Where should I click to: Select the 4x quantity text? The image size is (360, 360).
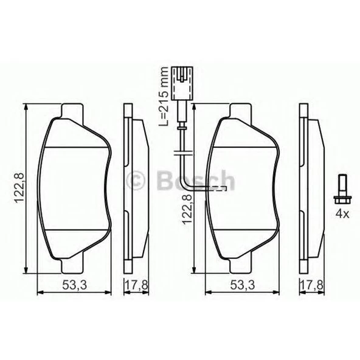pyautogui.click(x=341, y=213)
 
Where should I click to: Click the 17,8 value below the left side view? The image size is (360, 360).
pyautogui.click(x=134, y=285)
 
